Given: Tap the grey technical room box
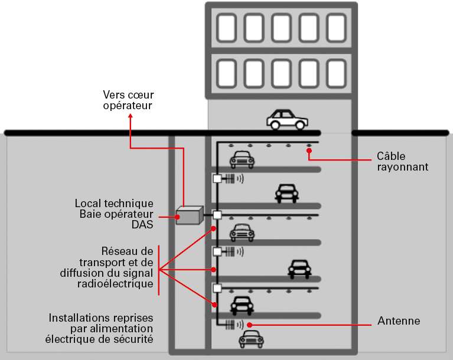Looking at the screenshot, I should click(x=190, y=216).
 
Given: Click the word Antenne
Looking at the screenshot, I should click(x=399, y=321).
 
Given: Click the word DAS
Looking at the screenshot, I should click(x=142, y=224).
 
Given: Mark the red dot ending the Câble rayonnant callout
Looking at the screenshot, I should click(x=309, y=151).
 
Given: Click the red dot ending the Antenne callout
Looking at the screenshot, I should click(x=250, y=325).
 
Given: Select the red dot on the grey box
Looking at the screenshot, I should click(x=177, y=217).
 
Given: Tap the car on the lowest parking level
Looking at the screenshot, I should click(x=251, y=339).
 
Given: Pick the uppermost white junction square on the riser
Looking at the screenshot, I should click(x=217, y=178).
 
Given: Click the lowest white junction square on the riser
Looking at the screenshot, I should click(x=217, y=288).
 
